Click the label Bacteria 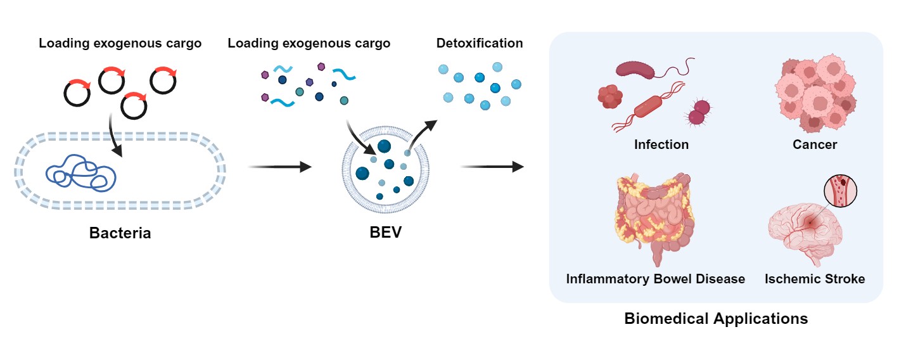pos(120,233)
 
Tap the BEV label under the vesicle pos(385,233)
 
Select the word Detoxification pos(480,44)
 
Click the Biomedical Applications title pos(716,318)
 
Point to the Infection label pos(661,145)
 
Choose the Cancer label pos(815,145)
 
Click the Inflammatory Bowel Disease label pos(656,279)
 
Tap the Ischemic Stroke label pos(815,279)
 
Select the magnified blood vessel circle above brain pos(840,190)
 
